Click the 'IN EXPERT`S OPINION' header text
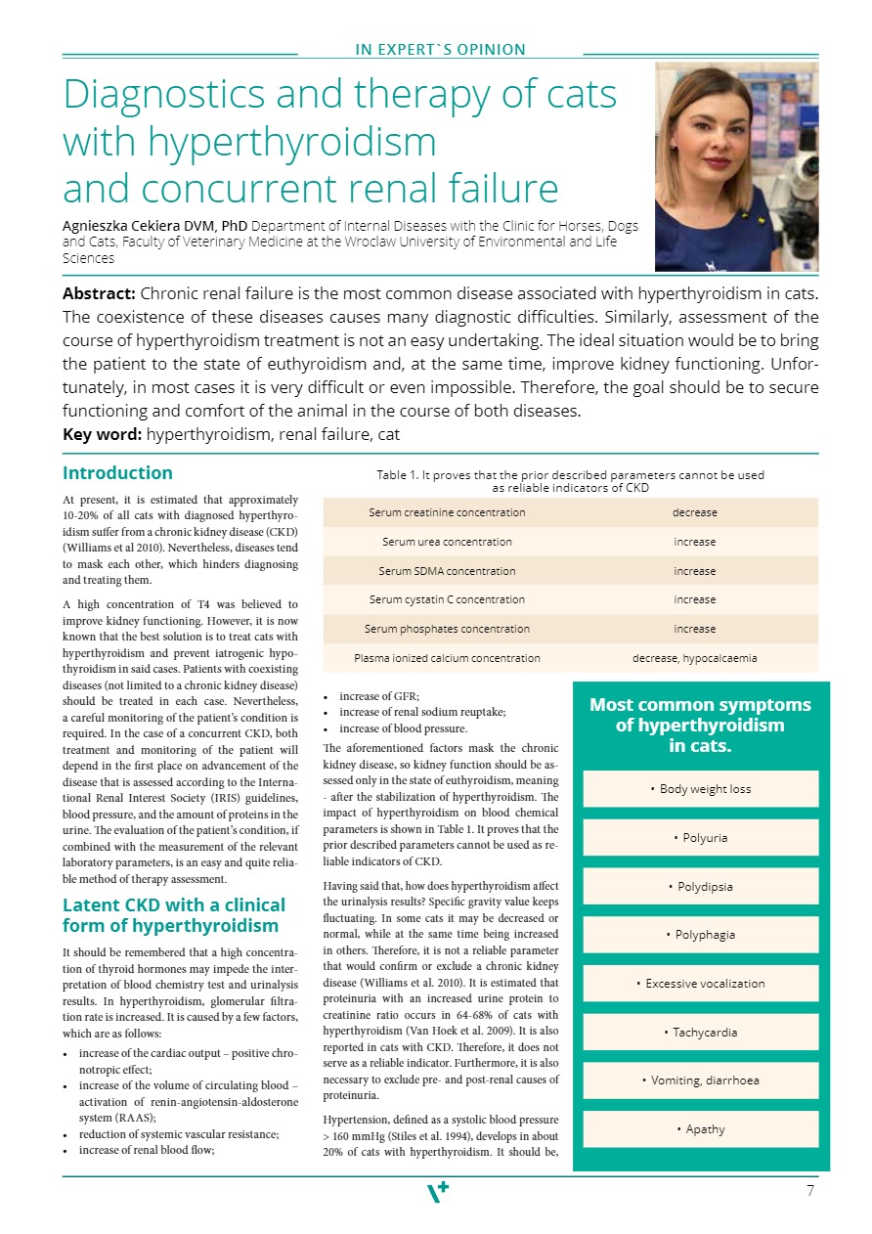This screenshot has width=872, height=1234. [440, 50]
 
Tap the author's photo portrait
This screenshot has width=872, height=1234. [736, 166]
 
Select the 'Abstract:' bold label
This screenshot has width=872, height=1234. [99, 293]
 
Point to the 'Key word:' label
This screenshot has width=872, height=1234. [95, 434]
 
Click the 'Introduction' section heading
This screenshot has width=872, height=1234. [117, 473]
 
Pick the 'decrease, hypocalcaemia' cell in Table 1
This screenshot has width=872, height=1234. [694, 658]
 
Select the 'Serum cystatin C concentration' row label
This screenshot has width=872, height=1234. [447, 599]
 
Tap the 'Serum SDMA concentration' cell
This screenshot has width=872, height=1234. [447, 571]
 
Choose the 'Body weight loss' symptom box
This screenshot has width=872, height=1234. [700, 789]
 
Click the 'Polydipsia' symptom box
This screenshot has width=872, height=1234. [700, 887]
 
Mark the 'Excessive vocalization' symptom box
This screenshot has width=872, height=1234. [700, 984]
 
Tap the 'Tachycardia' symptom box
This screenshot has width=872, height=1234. [700, 1033]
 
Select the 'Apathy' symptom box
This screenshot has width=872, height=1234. [700, 1129]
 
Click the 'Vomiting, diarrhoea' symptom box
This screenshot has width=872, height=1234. [700, 1080]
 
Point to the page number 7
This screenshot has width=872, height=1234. [810, 1191]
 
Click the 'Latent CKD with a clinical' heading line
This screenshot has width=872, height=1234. [174, 904]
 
